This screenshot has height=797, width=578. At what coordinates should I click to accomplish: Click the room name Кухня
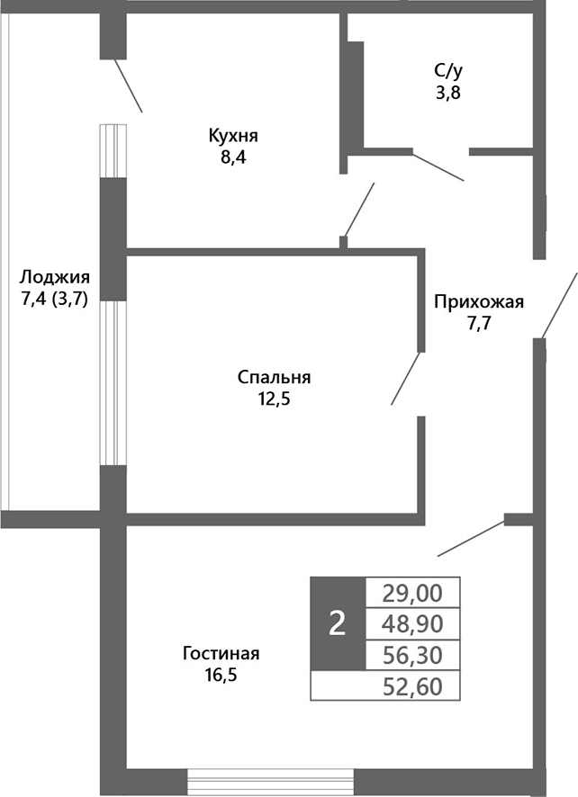pos(233,137)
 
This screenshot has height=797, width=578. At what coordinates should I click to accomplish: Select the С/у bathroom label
pos(448,70)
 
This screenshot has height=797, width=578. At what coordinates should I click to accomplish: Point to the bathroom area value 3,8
pos(448,92)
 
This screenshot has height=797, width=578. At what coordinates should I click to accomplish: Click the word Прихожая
pos(478,301)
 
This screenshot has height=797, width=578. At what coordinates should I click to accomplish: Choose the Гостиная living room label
pos(221,653)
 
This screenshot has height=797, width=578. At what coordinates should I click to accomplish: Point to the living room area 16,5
pos(221,675)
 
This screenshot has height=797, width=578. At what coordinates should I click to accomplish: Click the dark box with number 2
pos(338,622)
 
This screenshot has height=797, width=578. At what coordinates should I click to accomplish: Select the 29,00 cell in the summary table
pos(412,593)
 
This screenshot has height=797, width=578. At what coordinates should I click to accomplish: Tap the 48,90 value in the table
pos(412,622)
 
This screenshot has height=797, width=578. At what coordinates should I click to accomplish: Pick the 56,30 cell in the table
pos(412,653)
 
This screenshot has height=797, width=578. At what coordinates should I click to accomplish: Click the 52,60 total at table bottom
pos(412,686)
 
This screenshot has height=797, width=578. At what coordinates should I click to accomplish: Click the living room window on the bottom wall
pos(271,781)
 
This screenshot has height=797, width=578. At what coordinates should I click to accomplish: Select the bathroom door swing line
pos(438,166)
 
